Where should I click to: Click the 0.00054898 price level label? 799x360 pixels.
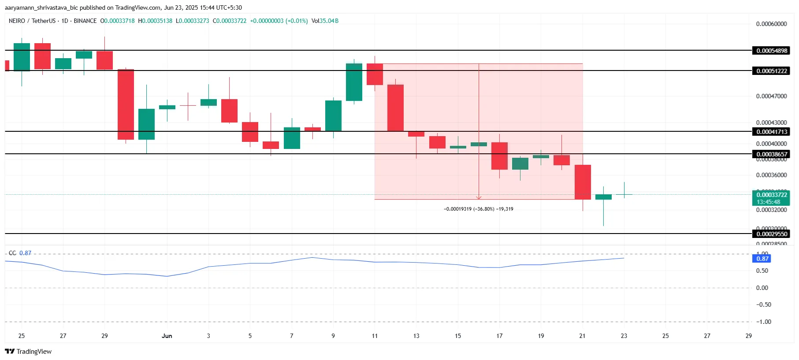click(771, 51)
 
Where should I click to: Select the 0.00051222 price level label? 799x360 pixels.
click(771, 71)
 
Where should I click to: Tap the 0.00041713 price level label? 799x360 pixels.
click(771, 132)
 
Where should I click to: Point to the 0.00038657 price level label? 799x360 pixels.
click(771, 154)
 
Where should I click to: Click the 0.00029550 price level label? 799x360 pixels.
click(771, 234)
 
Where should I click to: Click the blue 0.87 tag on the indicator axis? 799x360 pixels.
click(762, 259)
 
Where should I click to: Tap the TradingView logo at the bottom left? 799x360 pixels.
click(28, 351)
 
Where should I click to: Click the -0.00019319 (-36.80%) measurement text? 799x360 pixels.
click(478, 209)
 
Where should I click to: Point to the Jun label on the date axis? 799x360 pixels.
click(167, 336)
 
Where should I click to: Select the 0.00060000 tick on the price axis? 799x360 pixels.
click(771, 24)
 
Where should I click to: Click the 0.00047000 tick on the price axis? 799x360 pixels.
click(771, 96)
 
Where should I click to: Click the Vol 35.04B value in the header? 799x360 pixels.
click(325, 21)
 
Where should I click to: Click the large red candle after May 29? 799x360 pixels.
click(126, 104)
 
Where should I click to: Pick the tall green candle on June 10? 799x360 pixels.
click(354, 82)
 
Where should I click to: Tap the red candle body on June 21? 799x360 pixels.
click(583, 182)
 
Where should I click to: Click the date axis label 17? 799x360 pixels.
click(499, 336)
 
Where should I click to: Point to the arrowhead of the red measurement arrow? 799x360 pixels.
click(479, 198)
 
